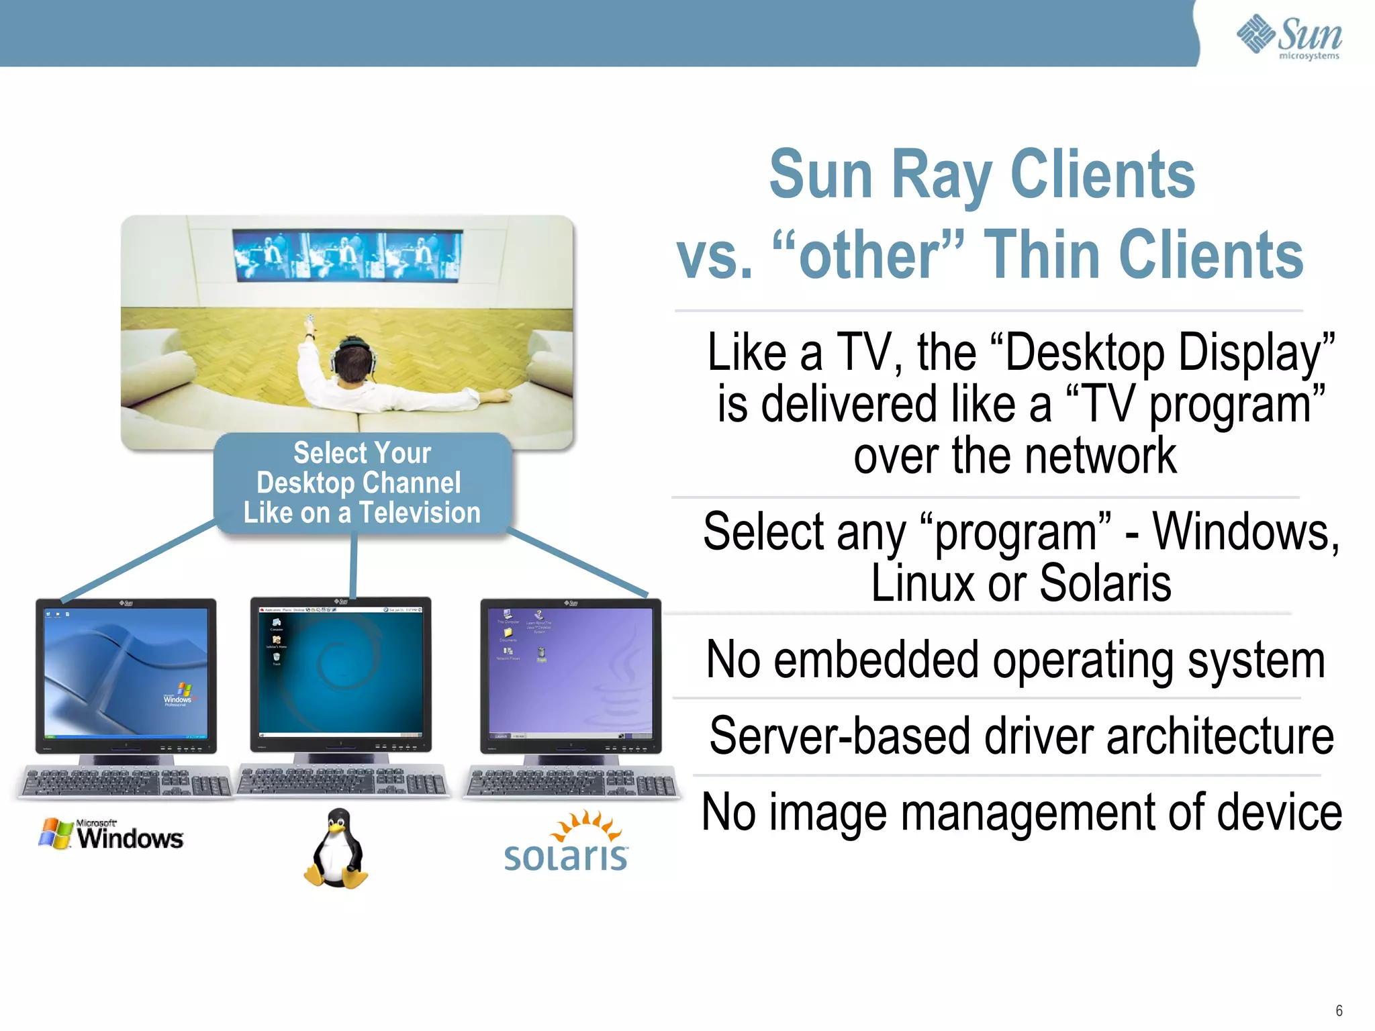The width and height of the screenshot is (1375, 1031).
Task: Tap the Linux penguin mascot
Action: tap(336, 848)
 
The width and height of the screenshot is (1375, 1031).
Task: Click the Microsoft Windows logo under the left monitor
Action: tap(111, 834)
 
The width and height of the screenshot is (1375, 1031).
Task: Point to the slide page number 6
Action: tap(1338, 1011)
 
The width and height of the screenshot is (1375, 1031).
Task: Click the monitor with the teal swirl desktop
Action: tap(341, 673)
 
